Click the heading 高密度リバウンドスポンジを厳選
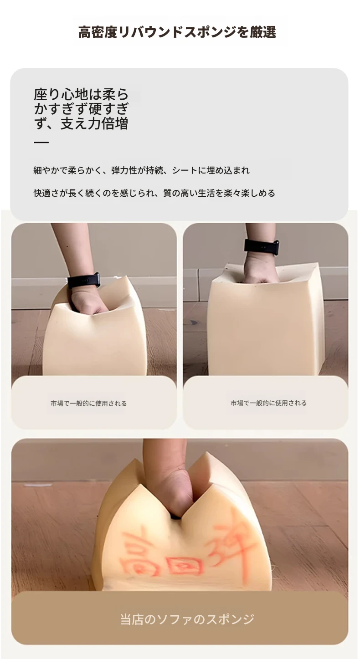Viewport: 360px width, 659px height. (x=177, y=32)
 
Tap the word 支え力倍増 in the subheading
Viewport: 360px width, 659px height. (x=94, y=123)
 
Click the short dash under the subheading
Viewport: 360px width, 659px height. (x=41, y=143)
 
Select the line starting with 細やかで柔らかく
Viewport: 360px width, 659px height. (x=142, y=170)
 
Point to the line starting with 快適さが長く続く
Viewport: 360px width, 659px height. (x=154, y=193)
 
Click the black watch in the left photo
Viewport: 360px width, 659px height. (x=84, y=281)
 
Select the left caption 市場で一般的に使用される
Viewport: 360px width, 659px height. (x=88, y=404)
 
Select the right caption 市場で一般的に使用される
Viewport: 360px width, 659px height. (x=268, y=403)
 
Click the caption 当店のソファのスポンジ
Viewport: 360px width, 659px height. (x=187, y=619)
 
